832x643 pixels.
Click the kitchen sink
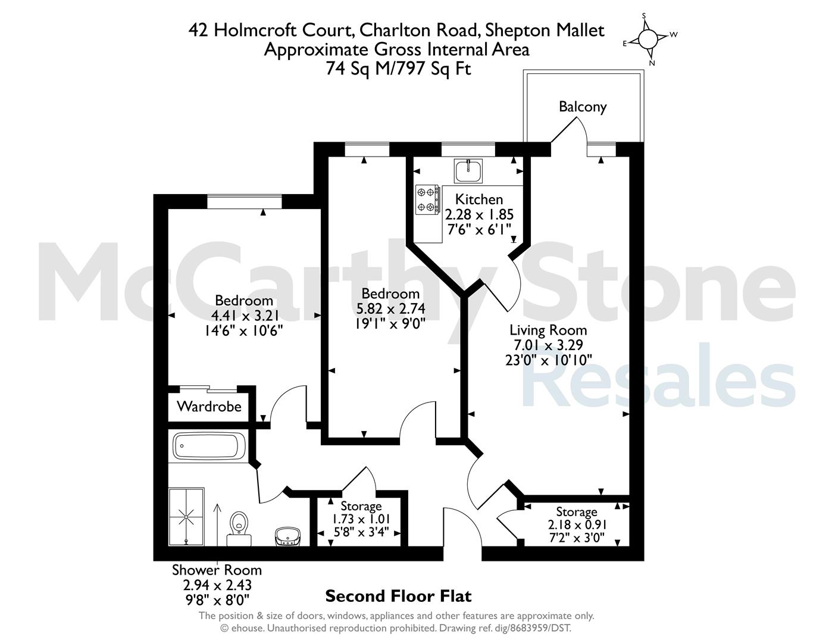coord(468,171)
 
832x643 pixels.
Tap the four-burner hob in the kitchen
coord(427,199)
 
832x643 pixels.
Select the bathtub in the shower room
coord(209,446)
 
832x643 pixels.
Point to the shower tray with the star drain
coord(186,517)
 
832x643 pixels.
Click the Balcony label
coord(583,107)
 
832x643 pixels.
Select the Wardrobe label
coord(209,406)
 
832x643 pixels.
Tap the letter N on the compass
coord(652,63)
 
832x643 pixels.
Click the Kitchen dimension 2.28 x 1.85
coord(479,214)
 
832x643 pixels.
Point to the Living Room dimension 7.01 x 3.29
coord(548,345)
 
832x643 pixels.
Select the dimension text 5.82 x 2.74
coord(390,308)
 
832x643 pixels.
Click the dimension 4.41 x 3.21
coord(244,316)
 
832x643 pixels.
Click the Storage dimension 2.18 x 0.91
coord(576,525)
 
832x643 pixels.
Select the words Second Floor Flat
coord(398,597)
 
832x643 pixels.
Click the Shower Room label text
coord(217,570)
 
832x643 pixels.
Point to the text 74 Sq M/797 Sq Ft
coord(398,69)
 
